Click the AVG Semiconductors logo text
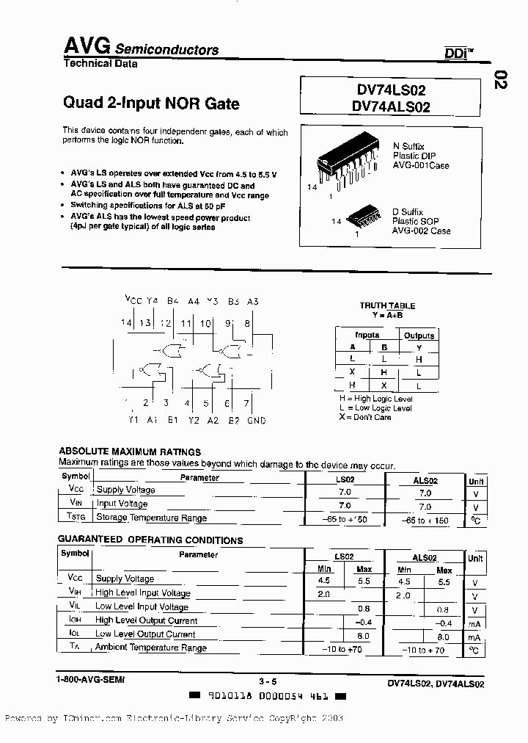(x=139, y=48)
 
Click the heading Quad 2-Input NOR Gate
(x=151, y=104)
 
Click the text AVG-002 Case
(x=420, y=231)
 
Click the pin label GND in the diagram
(x=256, y=421)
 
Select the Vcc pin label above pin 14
(x=133, y=300)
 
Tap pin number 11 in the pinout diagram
(x=186, y=323)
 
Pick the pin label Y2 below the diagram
(x=193, y=421)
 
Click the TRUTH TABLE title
(x=387, y=305)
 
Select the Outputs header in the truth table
(x=419, y=336)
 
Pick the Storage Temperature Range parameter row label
(x=152, y=518)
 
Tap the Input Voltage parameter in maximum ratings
(x=122, y=504)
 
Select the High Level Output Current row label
(x=146, y=620)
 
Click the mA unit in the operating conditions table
(x=475, y=637)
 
